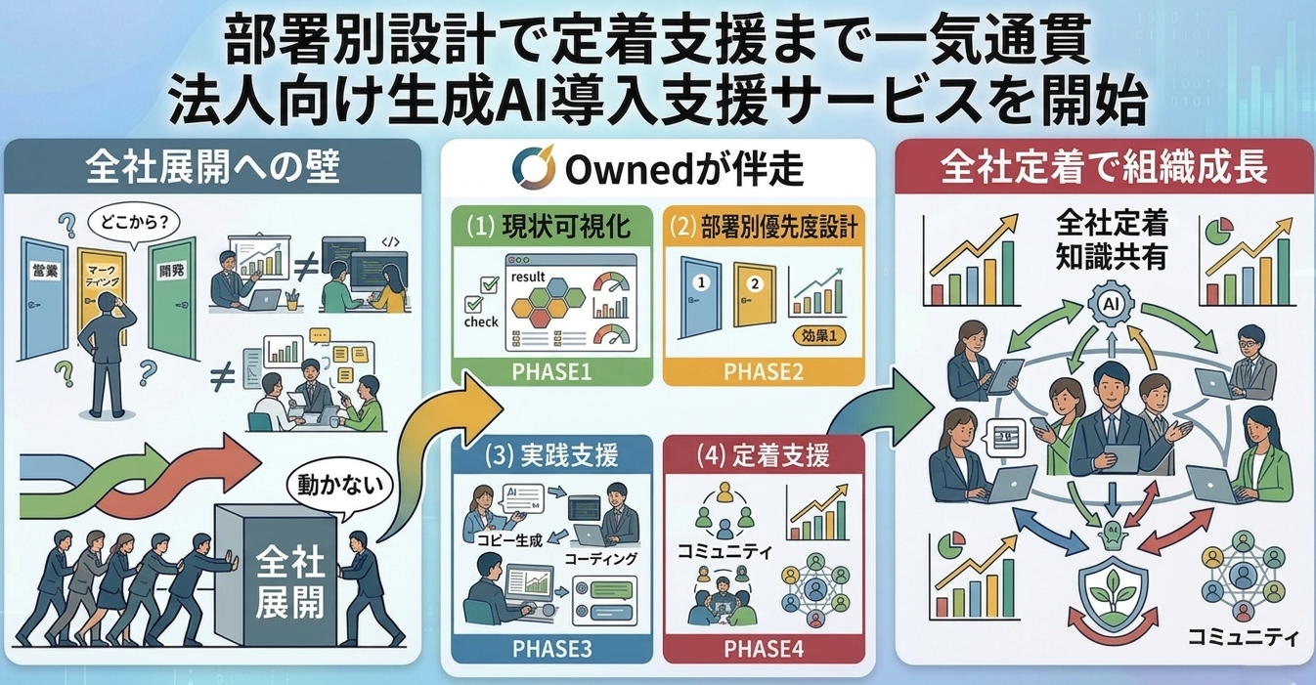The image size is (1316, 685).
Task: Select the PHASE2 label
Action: click(x=765, y=371)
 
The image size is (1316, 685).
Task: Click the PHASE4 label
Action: click(x=765, y=648)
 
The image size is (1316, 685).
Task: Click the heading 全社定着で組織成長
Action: click(x=1104, y=168)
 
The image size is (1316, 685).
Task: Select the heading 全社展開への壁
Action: click(x=213, y=168)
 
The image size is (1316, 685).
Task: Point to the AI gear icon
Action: click(x=1109, y=304)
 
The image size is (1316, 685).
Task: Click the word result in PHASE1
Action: click(x=528, y=278)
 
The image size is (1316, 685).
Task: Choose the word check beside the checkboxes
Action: click(x=480, y=321)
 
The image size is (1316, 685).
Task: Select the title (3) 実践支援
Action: click(x=550, y=455)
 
